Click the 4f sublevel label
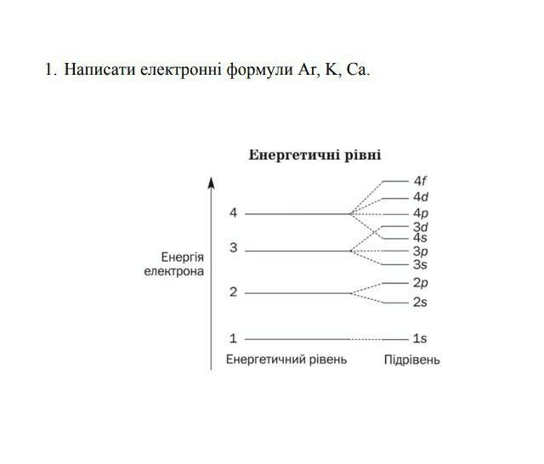[420, 181]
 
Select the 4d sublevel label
[421, 197]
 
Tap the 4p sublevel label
[421, 213]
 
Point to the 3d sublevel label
[421, 227]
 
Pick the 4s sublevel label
[420, 238]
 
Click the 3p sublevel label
[421, 251]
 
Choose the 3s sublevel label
[420, 265]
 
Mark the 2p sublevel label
[421, 283]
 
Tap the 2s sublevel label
[420, 303]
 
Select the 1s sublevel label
[420, 338]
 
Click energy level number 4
[233, 212]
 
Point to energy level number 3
[233, 247]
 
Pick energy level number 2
[233, 292]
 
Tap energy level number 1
[233, 338]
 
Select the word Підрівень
[411, 360]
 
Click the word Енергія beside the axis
[183, 257]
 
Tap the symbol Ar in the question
[306, 70]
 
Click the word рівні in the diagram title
[363, 155]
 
